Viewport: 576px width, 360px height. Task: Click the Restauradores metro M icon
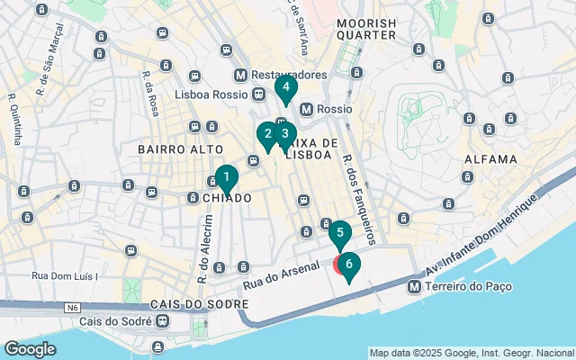pos(240,75)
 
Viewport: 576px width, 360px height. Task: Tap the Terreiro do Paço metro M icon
pos(413,286)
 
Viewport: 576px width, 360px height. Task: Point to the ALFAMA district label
pos(490,158)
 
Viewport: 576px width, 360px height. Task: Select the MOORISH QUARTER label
pos(366,28)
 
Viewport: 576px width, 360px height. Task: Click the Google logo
pos(30,348)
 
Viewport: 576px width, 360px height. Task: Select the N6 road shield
pos(70,308)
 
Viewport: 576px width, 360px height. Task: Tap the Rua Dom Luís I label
pos(65,276)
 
